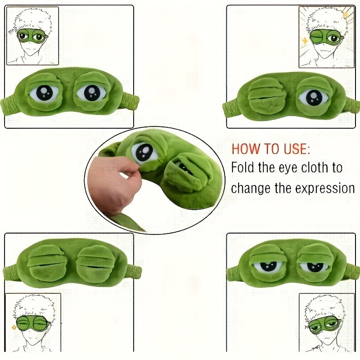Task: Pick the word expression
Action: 324,188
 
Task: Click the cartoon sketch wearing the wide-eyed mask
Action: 32,36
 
